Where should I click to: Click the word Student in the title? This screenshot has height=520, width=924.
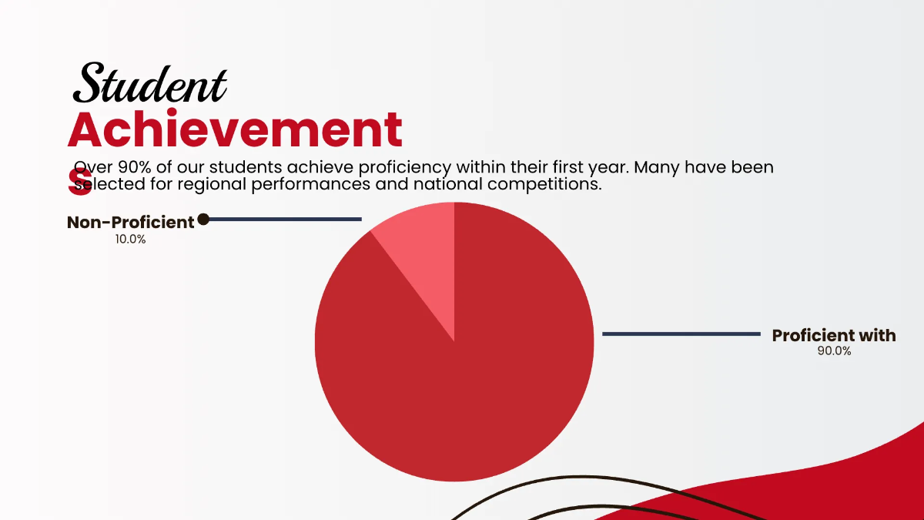click(x=151, y=84)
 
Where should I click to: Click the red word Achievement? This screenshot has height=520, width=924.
click(x=235, y=129)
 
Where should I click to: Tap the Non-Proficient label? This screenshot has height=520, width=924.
click(x=131, y=223)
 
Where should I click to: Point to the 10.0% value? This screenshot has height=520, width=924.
click(x=130, y=240)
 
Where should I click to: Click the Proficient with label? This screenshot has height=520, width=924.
click(x=834, y=335)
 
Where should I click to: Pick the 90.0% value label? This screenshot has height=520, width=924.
click(x=834, y=351)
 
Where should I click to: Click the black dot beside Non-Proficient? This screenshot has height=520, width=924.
click(x=203, y=220)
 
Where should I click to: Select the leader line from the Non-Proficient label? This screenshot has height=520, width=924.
click(x=285, y=220)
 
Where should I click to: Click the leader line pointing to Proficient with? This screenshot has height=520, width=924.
click(x=681, y=334)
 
